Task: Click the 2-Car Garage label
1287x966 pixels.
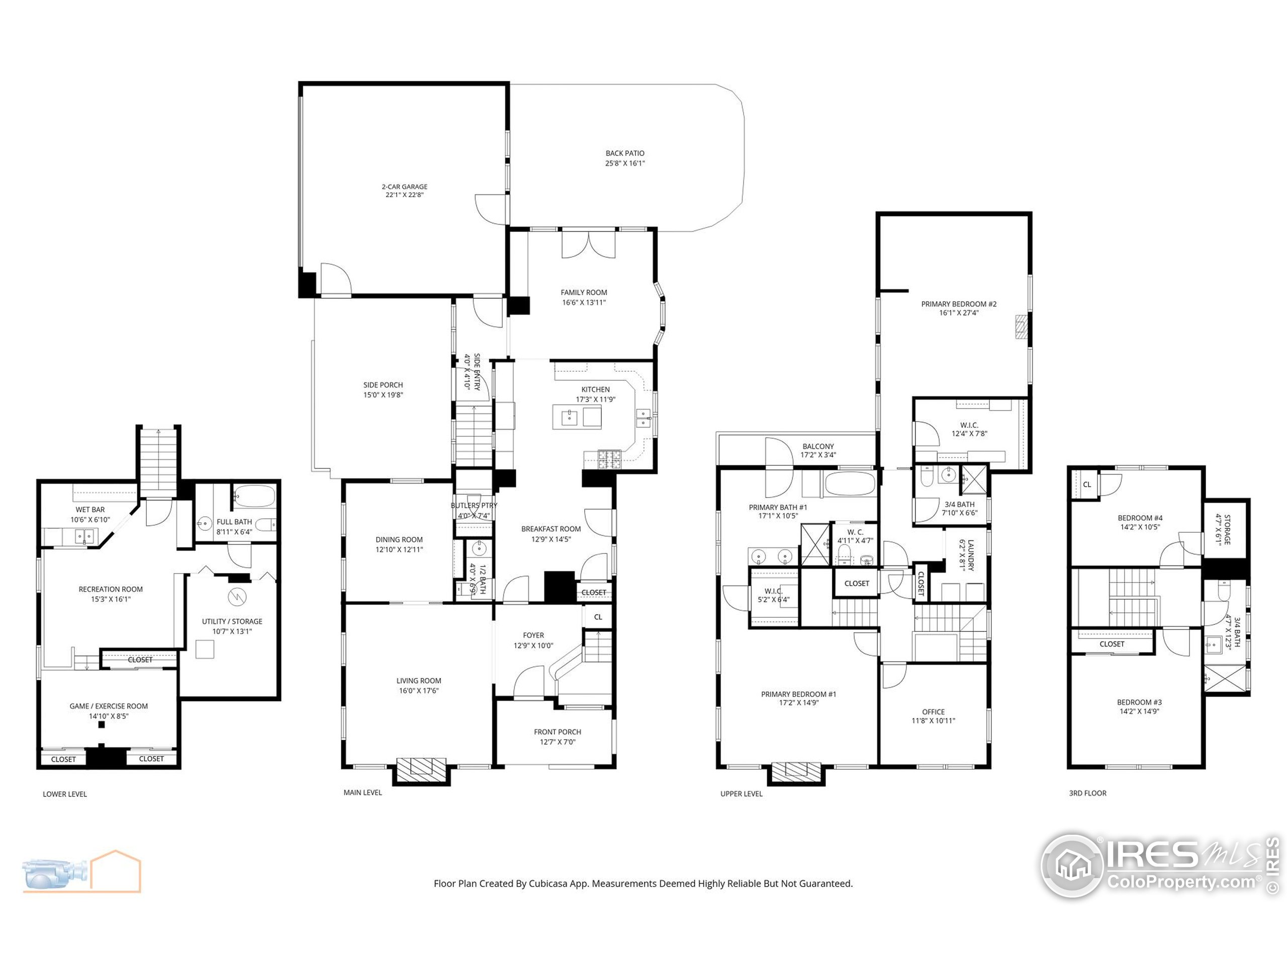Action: pos(404,187)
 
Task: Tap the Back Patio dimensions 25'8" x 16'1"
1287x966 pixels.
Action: pos(625,164)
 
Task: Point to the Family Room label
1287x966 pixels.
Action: pos(584,292)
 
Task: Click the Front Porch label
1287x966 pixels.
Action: pos(558,732)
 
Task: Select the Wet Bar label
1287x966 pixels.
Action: pos(90,510)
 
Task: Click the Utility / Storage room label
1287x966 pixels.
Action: pos(232,621)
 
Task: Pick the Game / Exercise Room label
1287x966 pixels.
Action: pos(109,706)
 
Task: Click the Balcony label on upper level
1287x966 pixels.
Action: pos(818,447)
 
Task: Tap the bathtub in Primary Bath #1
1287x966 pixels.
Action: pos(850,484)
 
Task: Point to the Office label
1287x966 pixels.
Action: pos(933,711)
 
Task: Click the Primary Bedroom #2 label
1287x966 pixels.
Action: pos(959,304)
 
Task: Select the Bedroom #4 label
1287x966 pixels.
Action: pos(1140,518)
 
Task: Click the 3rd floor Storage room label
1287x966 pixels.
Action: pos(1227,529)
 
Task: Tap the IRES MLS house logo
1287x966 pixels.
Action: pos(1072,865)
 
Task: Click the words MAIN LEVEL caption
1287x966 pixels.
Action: pos(362,792)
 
